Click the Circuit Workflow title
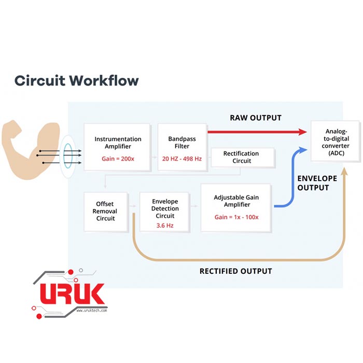[x=76, y=80]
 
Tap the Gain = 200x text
[x=118, y=158]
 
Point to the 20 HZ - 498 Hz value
[x=181, y=158]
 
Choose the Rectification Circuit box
[x=241, y=157]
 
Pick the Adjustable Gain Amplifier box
[x=235, y=207]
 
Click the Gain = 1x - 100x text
[x=235, y=216]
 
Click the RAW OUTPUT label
[x=256, y=118]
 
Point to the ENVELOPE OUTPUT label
[x=316, y=183]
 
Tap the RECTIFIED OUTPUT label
[x=235, y=271]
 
